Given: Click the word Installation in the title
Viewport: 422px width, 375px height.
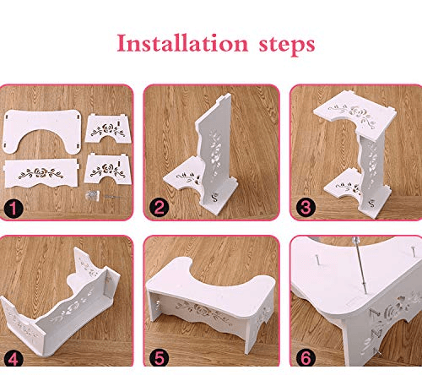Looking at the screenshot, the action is click(182, 43).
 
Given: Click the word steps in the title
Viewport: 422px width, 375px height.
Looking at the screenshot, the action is click(287, 46).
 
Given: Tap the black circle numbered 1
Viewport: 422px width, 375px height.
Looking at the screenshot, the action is click(14, 209).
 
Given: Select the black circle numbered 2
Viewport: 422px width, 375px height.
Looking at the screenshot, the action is click(159, 209).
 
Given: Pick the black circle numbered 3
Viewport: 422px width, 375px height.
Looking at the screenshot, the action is click(306, 208).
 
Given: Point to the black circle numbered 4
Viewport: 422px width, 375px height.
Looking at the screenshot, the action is click(14, 359).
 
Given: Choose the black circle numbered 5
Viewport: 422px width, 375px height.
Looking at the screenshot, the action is click(159, 358).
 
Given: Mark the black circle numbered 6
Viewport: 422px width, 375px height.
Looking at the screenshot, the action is click(306, 358).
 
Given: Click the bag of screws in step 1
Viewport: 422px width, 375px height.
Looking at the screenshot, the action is click(93, 195).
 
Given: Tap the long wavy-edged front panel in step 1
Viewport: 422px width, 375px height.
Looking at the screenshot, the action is click(41, 172).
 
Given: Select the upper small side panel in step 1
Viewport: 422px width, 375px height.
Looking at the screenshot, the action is click(108, 128).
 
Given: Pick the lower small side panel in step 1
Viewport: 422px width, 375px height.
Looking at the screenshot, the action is click(108, 169).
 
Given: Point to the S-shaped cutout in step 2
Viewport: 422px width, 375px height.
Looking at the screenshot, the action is click(216, 197).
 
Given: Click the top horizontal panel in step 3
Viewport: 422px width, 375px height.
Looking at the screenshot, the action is click(354, 115).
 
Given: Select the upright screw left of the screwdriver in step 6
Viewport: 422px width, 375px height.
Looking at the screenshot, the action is click(316, 259).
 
